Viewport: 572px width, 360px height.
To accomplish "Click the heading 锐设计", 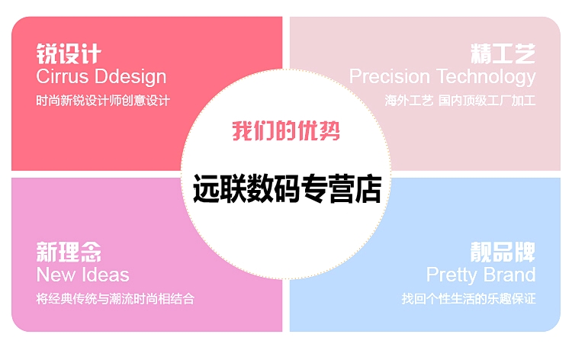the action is coord(69,53).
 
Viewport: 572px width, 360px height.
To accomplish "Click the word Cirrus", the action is coord(63,76).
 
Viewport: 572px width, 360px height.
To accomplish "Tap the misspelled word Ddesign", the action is coord(130,78).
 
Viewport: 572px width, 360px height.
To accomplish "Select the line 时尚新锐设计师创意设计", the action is coord(103,101).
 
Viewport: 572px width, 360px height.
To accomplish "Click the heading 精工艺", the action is coord(503,53).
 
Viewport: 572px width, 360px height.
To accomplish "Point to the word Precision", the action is coord(390,76).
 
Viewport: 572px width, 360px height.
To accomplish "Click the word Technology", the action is coord(487,78).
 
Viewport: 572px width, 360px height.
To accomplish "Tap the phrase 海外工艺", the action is coord(409,101).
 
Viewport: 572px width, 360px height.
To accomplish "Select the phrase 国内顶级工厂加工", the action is coord(487,101).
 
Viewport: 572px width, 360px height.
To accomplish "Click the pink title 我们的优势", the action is coord(286,130).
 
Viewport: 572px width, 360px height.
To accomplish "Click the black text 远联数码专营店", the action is coord(287,188).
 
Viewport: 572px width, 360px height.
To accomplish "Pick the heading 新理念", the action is coord(69,252).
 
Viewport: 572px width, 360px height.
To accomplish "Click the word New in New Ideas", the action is coord(56,275).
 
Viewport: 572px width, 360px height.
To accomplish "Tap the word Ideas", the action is coord(106,275).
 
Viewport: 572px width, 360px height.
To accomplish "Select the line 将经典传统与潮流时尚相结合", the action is coord(115,299).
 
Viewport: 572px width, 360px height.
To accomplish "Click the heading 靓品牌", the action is coord(503,252).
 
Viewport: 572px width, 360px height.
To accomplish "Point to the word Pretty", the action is coord(451,275).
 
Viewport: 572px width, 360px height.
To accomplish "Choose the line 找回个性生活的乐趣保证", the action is coord(469,299).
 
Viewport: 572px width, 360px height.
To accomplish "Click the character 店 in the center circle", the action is coord(368,188).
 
